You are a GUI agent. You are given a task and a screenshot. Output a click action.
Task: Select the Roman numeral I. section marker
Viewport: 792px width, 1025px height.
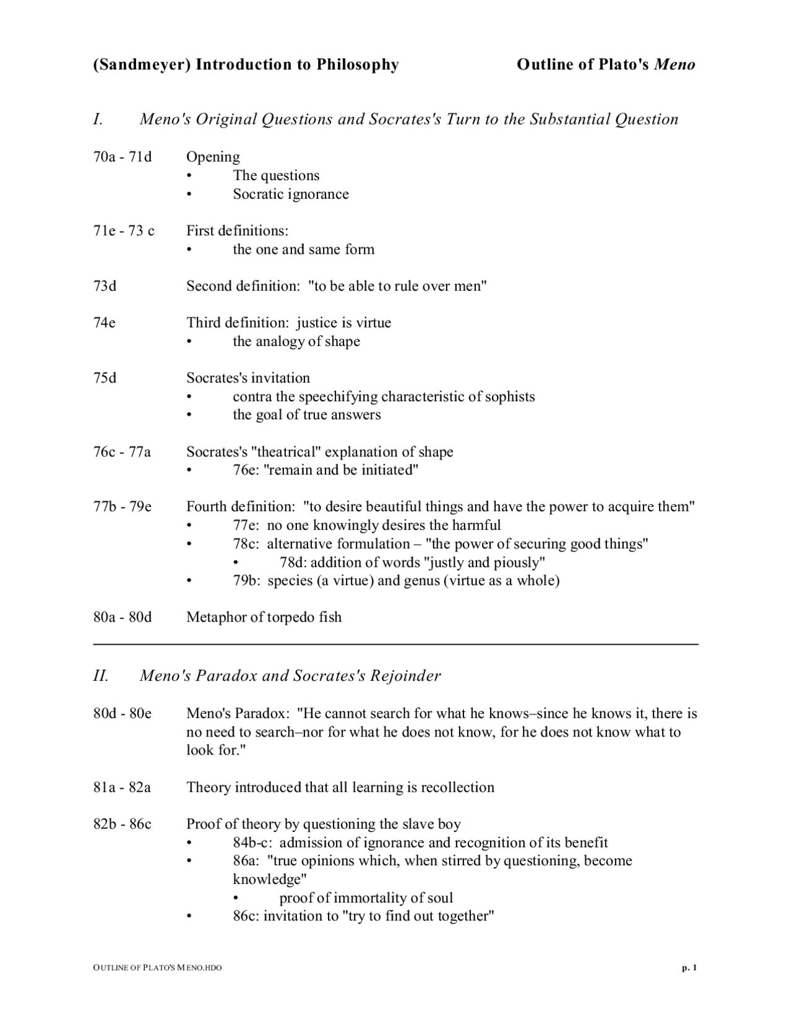point(98,119)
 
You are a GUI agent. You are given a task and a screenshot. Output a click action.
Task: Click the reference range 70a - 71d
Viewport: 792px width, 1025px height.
point(123,157)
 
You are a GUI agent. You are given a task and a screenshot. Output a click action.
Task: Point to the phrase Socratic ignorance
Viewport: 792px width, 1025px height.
point(291,194)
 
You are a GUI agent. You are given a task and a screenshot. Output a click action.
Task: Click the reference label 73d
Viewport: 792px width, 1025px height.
point(105,287)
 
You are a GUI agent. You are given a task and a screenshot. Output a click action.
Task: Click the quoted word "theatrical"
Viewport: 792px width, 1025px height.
point(286,452)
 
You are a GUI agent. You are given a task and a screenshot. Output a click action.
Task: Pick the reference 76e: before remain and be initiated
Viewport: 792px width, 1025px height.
point(246,470)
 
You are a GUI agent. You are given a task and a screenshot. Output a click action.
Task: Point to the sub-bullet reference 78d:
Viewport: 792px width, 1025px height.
point(293,563)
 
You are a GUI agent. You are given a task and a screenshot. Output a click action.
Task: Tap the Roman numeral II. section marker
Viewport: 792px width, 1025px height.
point(101,676)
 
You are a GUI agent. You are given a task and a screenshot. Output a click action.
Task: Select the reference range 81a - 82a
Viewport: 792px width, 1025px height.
point(123,788)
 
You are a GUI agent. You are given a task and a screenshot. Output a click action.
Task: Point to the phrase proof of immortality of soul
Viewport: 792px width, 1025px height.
point(366,899)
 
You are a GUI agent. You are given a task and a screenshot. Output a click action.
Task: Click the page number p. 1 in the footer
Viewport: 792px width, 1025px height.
point(689,968)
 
